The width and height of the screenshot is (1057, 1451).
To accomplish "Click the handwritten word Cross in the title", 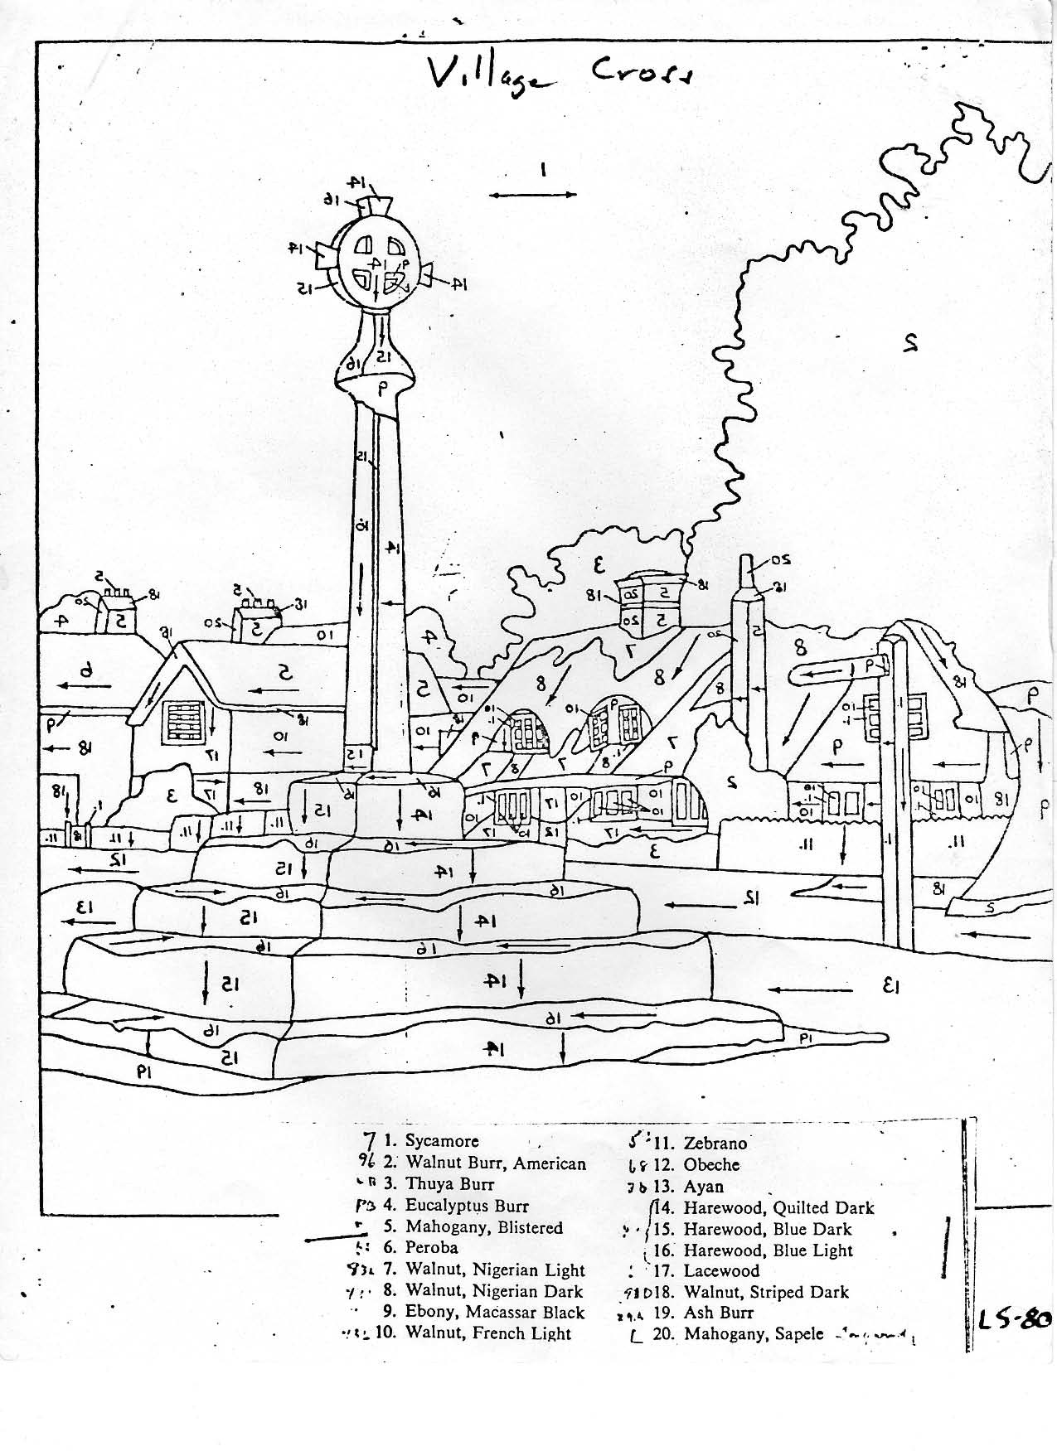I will point(642,73).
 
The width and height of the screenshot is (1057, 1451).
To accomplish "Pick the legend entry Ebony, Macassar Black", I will point(494,1312).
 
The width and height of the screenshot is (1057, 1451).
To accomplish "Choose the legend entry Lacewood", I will point(720,1270).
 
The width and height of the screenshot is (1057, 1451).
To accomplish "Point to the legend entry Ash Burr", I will point(718,1313).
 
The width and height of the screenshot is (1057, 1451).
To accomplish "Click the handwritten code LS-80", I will point(1014,1318).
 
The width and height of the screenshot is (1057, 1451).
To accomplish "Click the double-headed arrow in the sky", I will point(532,195).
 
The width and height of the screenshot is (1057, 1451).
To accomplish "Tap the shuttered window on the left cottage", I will point(185,721).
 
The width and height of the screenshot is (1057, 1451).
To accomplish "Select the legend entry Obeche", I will point(710,1164).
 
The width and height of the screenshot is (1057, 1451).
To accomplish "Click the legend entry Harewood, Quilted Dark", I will point(778,1208).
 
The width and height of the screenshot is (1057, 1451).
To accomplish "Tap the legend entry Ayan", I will point(703,1187).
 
